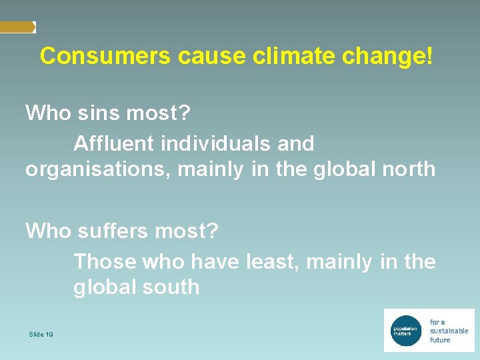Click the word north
(x=409, y=169)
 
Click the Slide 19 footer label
(x=41, y=334)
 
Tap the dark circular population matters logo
(x=406, y=329)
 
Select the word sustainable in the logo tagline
(x=449, y=331)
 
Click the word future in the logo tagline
(x=440, y=340)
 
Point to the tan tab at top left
(x=17, y=27)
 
